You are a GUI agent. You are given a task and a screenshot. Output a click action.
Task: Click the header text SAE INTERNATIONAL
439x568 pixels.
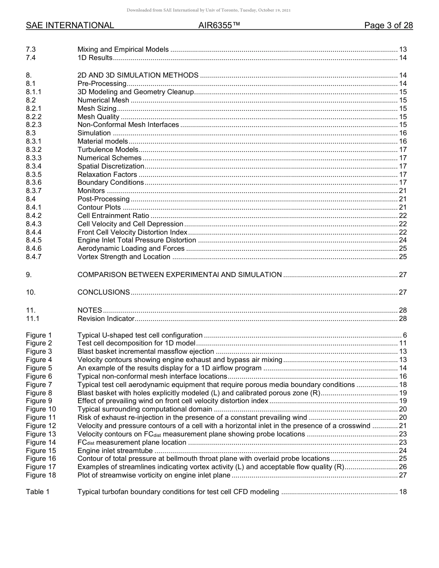click(x=70, y=25)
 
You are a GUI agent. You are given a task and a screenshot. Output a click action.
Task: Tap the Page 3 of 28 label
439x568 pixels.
click(x=388, y=25)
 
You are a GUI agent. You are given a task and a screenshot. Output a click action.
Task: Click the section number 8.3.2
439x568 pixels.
click(x=34, y=150)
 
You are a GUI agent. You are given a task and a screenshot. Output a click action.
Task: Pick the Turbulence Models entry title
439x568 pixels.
click(x=108, y=150)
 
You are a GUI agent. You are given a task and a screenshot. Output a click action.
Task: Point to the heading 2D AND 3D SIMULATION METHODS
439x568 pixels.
click(x=138, y=75)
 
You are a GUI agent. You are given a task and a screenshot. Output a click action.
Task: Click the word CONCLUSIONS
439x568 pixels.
click(x=104, y=292)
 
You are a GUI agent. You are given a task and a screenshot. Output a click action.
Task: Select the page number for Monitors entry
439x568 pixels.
click(x=402, y=191)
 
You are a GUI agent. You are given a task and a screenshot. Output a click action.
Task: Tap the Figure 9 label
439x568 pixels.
click(x=39, y=401)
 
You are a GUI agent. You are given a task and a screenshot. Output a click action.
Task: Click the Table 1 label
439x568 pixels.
click(x=37, y=492)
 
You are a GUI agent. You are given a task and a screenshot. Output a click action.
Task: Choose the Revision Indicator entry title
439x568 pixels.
click(x=106, y=319)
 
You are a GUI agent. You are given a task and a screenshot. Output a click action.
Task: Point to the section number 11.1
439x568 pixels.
click(x=32, y=319)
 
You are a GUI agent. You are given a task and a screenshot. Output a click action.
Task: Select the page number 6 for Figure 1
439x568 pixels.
click(x=404, y=335)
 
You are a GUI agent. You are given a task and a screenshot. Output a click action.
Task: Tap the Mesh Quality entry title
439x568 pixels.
click(x=98, y=117)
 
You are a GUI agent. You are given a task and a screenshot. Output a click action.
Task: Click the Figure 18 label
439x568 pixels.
click(x=41, y=475)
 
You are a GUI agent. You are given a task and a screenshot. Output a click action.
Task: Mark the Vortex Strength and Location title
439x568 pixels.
click(x=124, y=257)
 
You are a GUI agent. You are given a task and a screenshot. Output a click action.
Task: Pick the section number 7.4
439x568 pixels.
click(x=31, y=58)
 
